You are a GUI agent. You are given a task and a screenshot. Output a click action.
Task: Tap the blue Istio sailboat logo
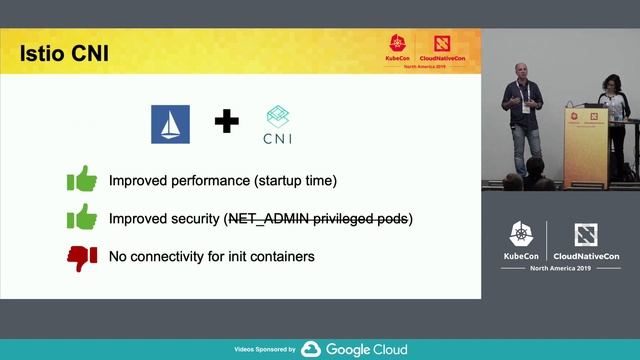point(170,124)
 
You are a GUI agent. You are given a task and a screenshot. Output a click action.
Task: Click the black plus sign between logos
point(227,123)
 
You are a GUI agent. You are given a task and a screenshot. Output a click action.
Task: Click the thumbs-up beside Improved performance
point(81,180)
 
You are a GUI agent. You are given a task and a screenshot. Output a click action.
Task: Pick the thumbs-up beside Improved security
point(81,218)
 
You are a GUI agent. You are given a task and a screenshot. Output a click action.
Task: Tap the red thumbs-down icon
point(81,257)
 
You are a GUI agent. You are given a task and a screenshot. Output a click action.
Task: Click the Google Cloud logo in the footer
point(354,349)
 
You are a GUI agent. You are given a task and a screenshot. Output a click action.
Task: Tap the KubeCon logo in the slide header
point(397,50)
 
